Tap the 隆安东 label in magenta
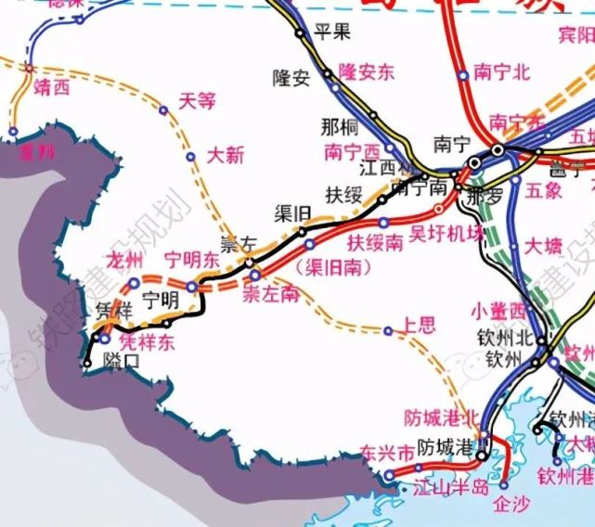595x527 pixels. click(368, 72)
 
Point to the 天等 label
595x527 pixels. click(197, 100)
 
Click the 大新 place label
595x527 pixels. click(226, 155)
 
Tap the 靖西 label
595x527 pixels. click(51, 88)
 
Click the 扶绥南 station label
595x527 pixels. click(375, 244)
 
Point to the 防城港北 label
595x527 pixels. click(443, 418)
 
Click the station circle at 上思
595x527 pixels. click(389, 330)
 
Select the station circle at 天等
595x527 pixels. click(163, 110)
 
